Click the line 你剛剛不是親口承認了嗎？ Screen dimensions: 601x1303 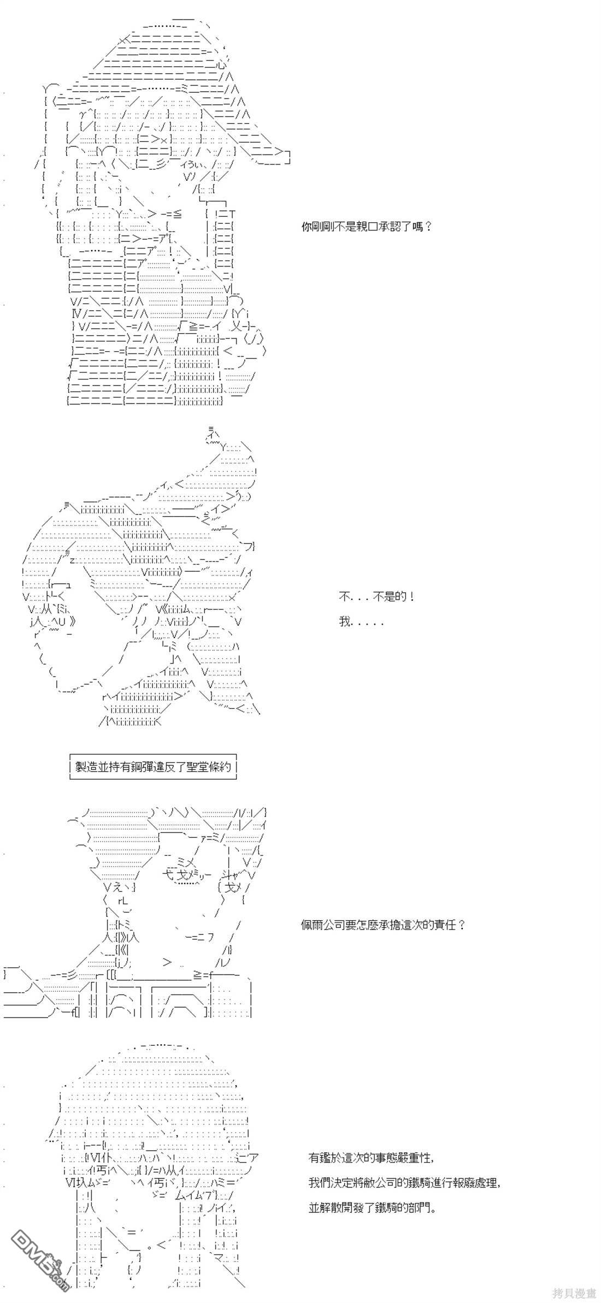click(367, 226)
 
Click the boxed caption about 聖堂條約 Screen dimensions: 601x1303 click(153, 767)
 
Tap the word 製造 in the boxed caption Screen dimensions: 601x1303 click(86, 767)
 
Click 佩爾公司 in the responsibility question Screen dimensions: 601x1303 click(323, 925)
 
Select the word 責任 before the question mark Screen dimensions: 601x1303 click(444, 925)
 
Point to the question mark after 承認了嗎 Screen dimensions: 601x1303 click(427, 226)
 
